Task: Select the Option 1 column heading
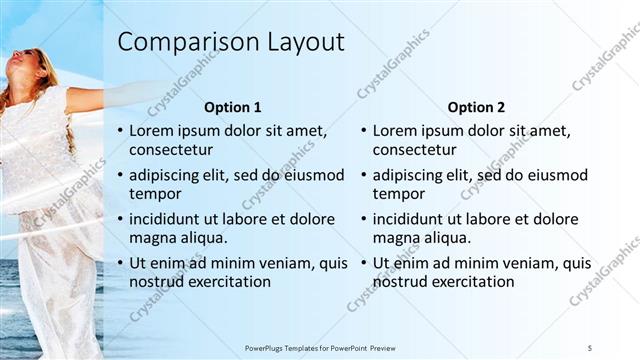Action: click(233, 107)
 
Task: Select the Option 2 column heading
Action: click(477, 107)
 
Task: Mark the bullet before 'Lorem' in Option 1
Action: click(121, 131)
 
